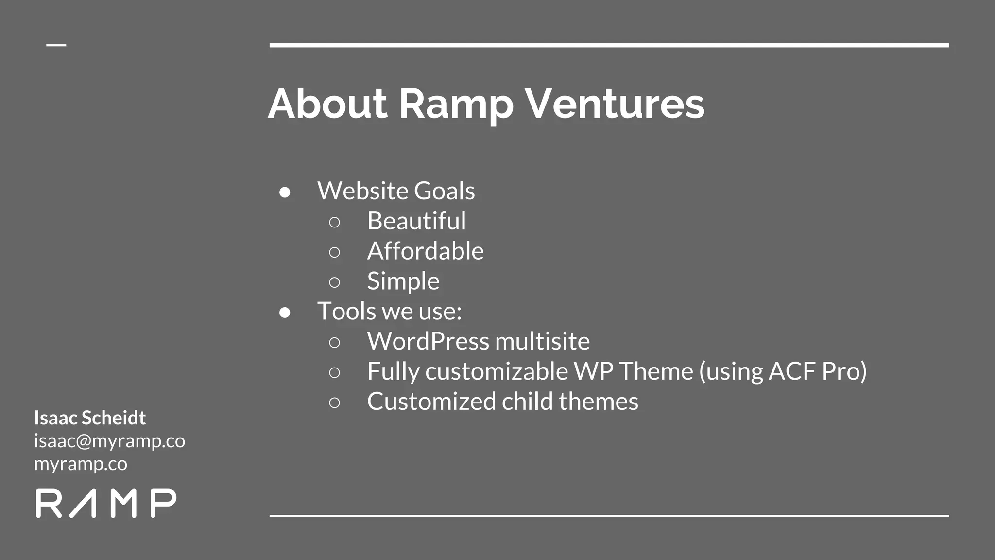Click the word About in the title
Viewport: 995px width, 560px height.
[327, 104]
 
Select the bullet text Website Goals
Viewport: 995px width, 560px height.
[396, 191]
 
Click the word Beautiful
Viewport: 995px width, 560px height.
[416, 221]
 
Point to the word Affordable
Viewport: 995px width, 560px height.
[425, 251]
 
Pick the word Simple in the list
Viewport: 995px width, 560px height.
[403, 281]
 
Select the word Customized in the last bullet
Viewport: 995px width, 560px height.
[431, 402]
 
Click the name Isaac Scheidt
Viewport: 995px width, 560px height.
[90, 418]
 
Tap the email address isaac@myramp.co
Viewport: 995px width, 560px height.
[109, 441]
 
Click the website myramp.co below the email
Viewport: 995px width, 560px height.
[81, 464]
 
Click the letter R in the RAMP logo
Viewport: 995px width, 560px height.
[49, 504]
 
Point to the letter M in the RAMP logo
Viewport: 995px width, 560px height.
[123, 504]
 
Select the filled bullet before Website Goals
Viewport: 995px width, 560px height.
[285, 192]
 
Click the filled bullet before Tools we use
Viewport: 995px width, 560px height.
[285, 313]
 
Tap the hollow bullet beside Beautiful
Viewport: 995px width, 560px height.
[334, 223]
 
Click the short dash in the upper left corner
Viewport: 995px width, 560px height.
[56, 45]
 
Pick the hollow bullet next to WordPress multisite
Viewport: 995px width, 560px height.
[334, 343]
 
